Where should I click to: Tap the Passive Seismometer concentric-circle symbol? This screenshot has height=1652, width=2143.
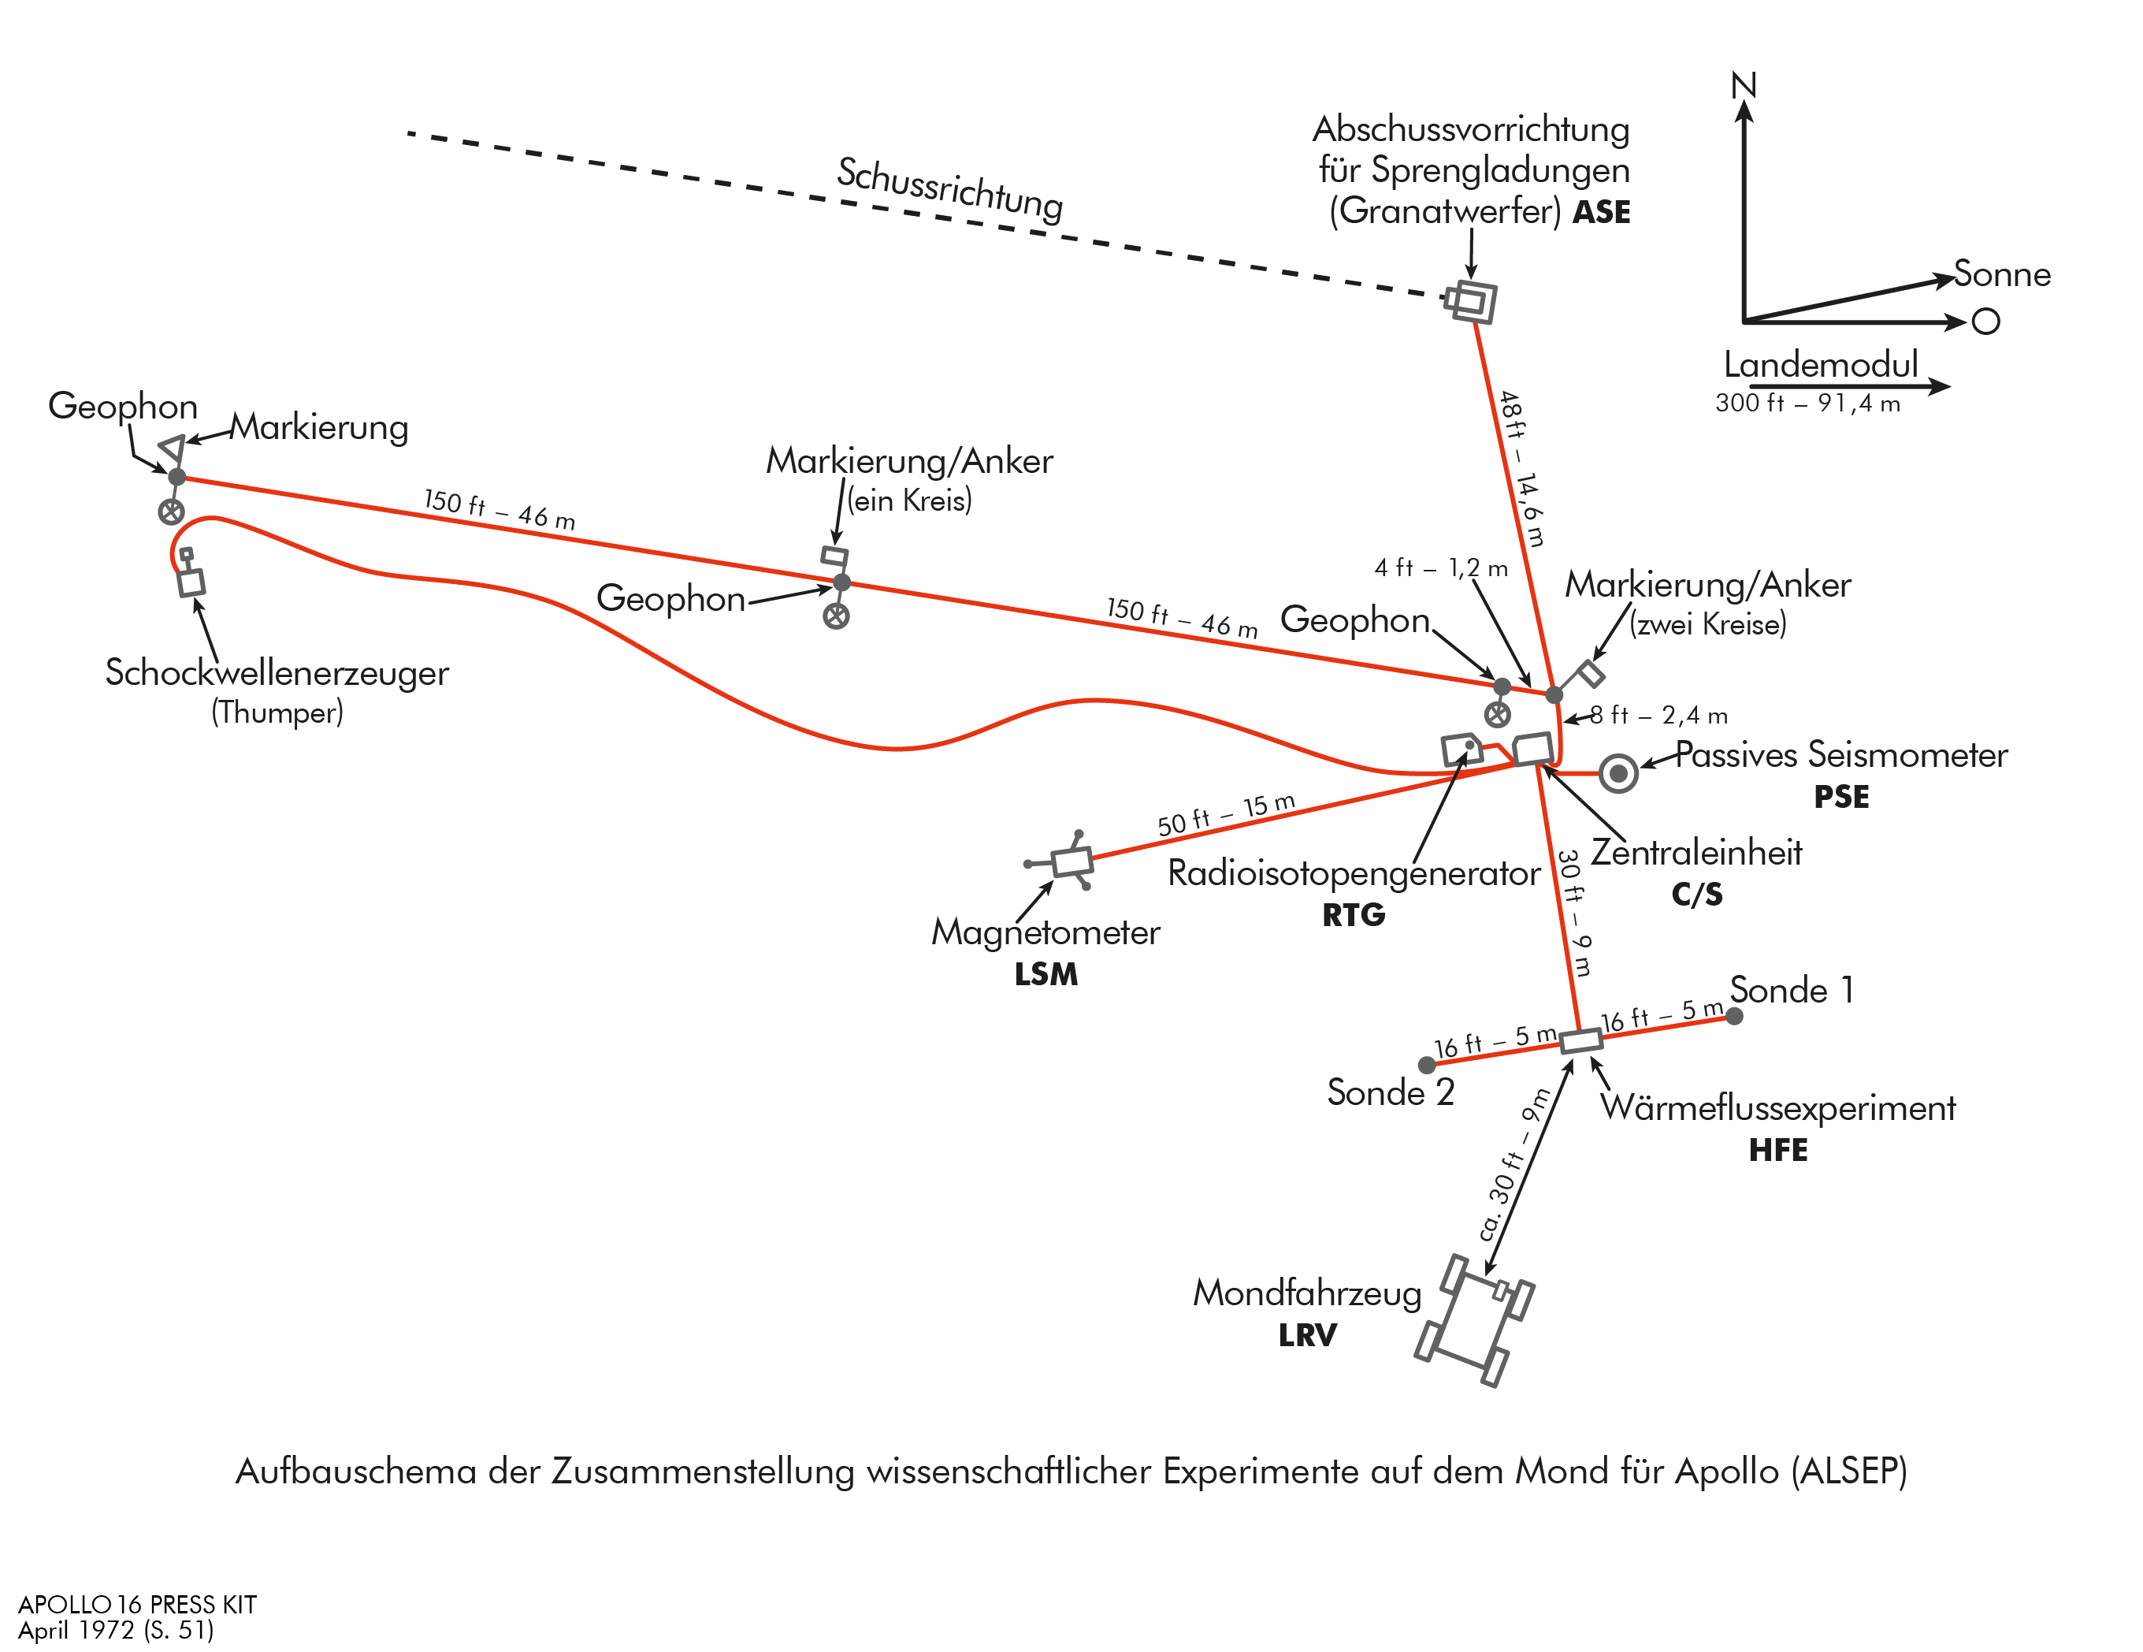[x=1618, y=773]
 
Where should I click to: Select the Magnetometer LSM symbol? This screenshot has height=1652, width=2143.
[x=1071, y=861]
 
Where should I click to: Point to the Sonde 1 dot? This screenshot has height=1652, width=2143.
[x=1734, y=1016]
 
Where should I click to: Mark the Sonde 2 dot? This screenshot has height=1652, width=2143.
[x=1427, y=1065]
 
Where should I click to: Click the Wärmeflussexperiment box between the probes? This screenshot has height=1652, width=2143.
[x=1580, y=1040]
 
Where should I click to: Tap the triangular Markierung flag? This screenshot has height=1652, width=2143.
[x=173, y=449]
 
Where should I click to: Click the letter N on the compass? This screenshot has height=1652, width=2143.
[x=1744, y=87]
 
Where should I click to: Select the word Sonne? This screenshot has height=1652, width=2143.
[x=2002, y=273]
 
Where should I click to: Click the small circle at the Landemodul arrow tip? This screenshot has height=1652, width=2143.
[x=1986, y=321]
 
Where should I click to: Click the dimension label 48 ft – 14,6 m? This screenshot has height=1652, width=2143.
[x=1522, y=468]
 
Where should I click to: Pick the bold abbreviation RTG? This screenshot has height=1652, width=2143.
[x=1353, y=915]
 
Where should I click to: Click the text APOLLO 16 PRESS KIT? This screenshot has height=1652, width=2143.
[x=137, y=1605]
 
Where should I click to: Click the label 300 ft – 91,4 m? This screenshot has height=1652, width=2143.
[x=1807, y=404]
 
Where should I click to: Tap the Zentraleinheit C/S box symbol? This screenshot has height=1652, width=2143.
[x=1532, y=750]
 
